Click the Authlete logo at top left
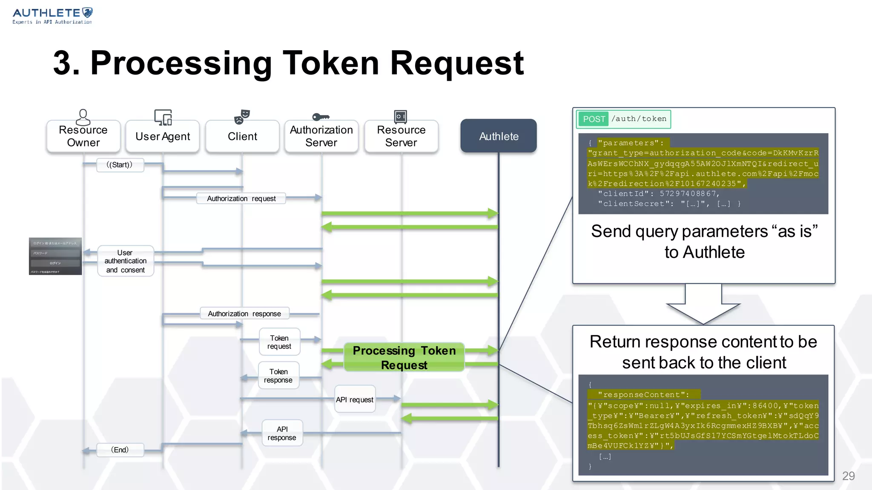click(x=52, y=16)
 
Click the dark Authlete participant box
click(x=498, y=136)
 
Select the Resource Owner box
click(x=83, y=136)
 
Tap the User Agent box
click(x=163, y=136)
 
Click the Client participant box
click(x=242, y=136)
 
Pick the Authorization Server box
click(x=321, y=136)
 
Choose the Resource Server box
click(x=401, y=136)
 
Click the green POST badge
click(x=594, y=119)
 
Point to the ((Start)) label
click(x=120, y=165)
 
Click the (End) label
click(x=120, y=450)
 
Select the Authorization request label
click(x=241, y=199)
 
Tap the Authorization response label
click(x=244, y=314)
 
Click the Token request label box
click(x=279, y=342)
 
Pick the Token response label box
click(x=278, y=376)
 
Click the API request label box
click(x=355, y=399)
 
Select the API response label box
click(x=282, y=433)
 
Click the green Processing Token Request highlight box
click(x=404, y=357)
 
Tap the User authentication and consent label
click(x=126, y=261)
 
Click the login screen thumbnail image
click(x=55, y=256)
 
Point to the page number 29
click(x=848, y=476)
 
